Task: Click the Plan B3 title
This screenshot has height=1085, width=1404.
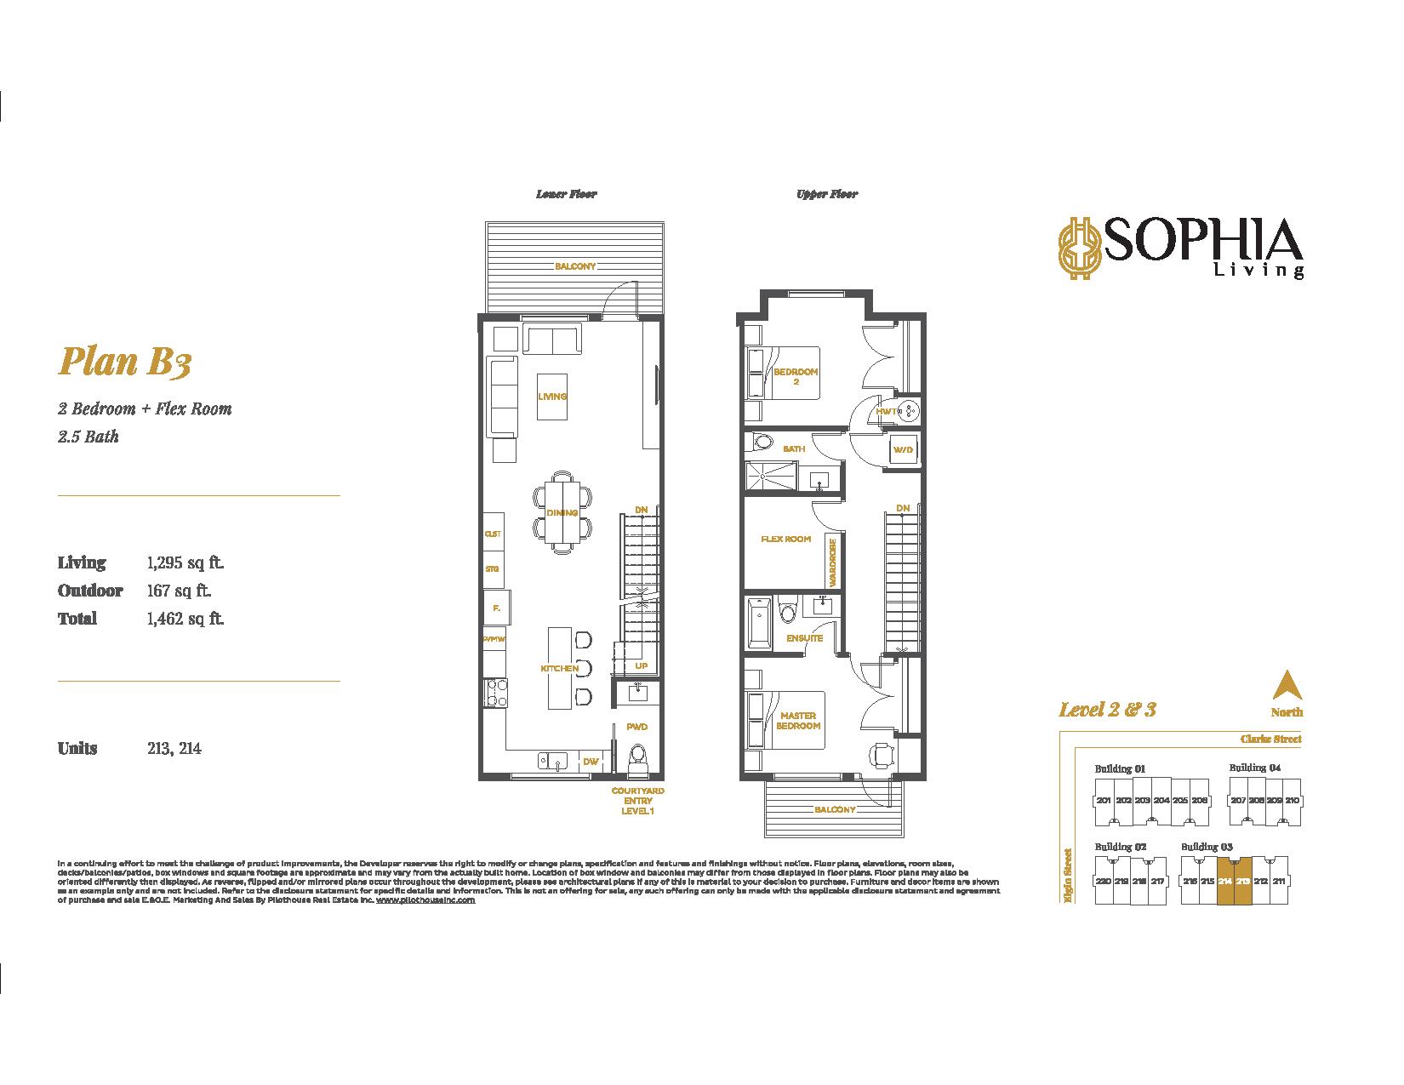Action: [124, 363]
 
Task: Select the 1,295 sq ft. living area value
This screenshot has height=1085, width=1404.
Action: [185, 562]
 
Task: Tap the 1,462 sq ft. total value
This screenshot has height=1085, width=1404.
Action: [185, 619]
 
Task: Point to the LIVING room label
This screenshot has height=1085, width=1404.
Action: [552, 397]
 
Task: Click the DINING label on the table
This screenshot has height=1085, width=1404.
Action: [562, 513]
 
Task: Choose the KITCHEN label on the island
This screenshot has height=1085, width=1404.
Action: [559, 668]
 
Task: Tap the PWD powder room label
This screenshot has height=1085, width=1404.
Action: [636, 727]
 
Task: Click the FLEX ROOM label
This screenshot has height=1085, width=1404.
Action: [785, 539]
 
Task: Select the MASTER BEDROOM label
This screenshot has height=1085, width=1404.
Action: [797, 721]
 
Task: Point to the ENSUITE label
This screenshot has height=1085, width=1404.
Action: [805, 637]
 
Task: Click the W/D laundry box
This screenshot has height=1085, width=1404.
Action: [901, 449]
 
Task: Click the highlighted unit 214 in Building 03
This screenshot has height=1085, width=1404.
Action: [1225, 882]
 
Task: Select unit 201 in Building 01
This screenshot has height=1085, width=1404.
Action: [1104, 801]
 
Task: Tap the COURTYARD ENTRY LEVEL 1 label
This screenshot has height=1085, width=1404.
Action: [637, 801]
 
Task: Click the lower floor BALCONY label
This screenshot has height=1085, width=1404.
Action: [575, 266]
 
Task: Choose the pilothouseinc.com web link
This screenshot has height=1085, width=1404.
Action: [425, 899]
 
